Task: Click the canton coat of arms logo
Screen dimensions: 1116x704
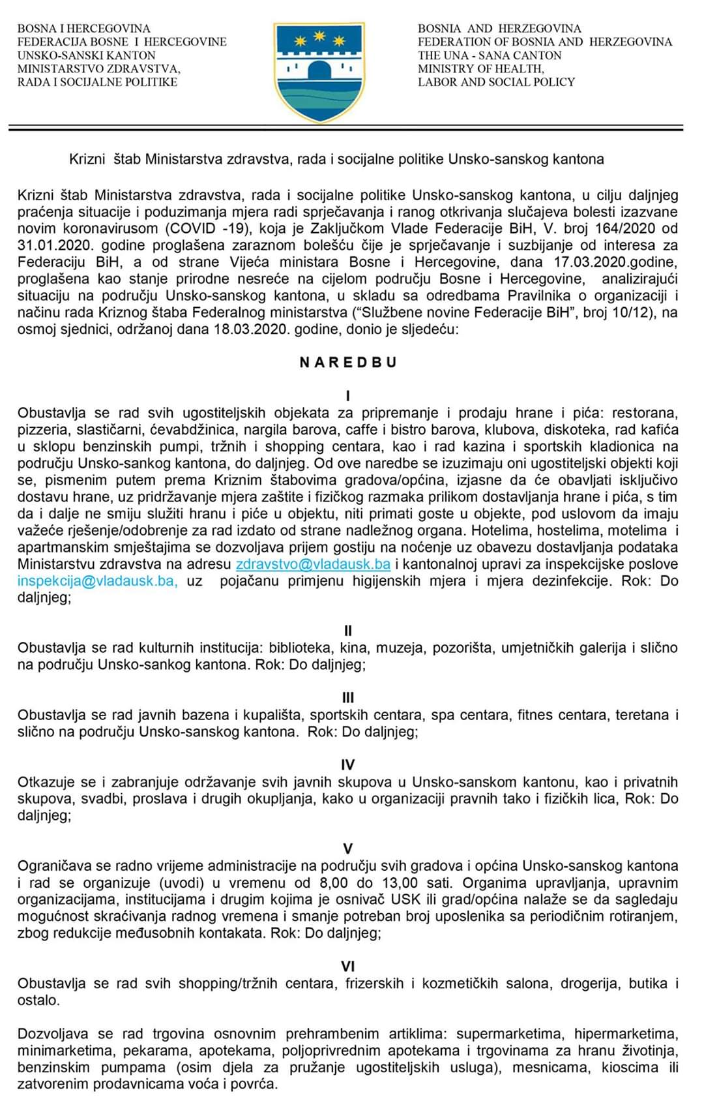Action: click(319, 72)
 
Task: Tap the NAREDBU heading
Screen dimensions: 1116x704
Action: click(348, 363)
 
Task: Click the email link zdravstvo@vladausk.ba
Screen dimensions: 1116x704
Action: click(313, 564)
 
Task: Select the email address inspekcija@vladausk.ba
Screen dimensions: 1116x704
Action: click(97, 581)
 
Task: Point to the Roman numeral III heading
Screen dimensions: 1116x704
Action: click(348, 698)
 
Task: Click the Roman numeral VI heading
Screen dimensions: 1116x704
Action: click(348, 967)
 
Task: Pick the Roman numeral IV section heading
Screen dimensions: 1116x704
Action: click(348, 765)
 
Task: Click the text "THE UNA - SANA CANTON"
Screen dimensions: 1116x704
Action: click(490, 55)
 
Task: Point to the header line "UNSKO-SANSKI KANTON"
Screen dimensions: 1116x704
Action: click(87, 55)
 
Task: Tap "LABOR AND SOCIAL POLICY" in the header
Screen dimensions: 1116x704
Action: click(496, 82)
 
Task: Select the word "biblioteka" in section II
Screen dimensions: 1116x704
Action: click(301, 648)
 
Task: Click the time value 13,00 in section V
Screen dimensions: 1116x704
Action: click(400, 883)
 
